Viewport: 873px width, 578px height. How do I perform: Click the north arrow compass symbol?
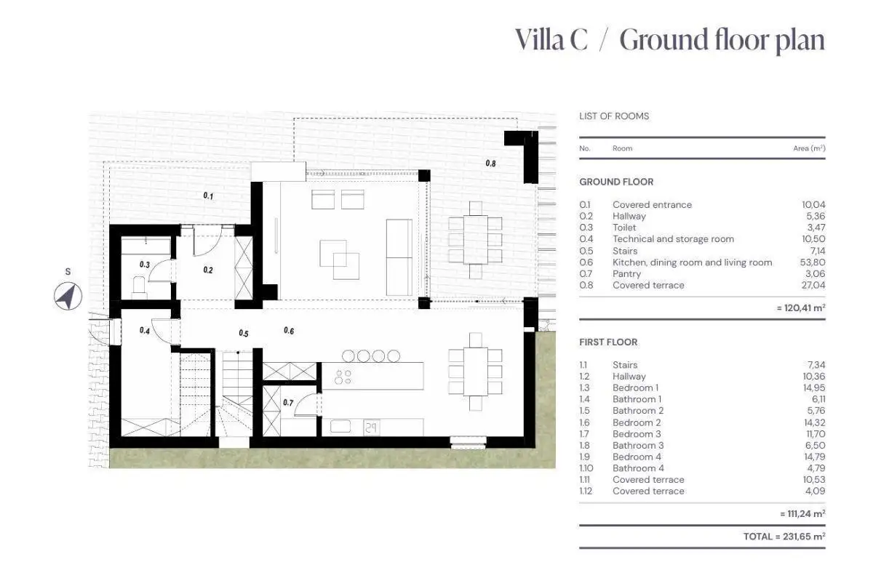[x=68, y=297]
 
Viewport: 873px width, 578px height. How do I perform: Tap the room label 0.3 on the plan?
[x=145, y=265]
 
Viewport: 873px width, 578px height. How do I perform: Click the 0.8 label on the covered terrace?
[x=490, y=164]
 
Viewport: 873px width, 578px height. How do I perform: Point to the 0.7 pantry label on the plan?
[x=288, y=403]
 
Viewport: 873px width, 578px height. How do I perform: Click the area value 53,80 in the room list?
[x=813, y=262]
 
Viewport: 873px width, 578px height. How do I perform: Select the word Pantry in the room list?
[x=626, y=274]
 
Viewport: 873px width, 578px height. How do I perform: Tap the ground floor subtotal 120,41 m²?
[x=801, y=308]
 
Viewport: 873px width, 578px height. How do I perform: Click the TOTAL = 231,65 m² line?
[x=784, y=537]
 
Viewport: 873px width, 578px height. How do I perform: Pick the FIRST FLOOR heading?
[x=608, y=342]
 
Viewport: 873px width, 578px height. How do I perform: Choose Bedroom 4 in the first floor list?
[x=637, y=457]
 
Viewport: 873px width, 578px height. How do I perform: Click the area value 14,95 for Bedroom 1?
[x=814, y=388]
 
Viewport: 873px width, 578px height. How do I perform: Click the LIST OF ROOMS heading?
[x=614, y=116]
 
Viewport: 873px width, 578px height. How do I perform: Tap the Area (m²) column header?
[x=809, y=148]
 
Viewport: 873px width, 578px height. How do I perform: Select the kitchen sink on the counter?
[x=340, y=427]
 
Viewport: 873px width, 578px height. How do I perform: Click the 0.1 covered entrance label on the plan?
[x=209, y=196]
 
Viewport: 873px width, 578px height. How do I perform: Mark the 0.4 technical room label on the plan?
[x=145, y=331]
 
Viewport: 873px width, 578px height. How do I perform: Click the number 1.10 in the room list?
[x=586, y=468]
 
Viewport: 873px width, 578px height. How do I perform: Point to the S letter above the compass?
[x=68, y=272]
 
